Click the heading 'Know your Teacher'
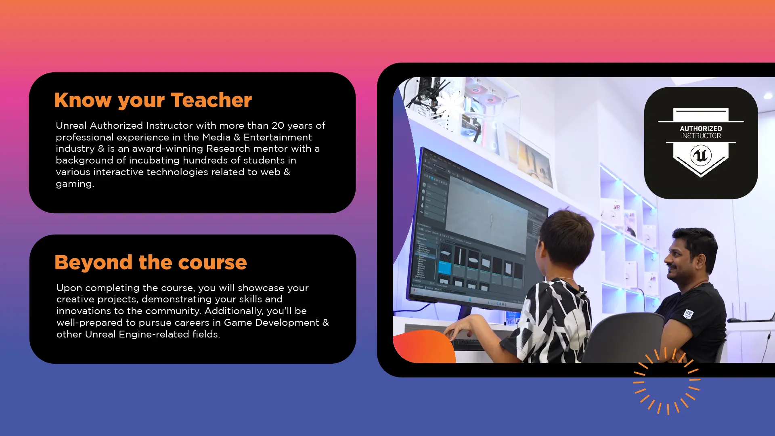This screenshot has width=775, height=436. [x=153, y=101]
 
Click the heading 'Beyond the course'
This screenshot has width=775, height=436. [x=151, y=262]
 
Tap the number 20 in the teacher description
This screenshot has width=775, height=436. [x=278, y=126]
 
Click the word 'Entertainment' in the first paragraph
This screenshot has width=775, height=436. [x=278, y=137]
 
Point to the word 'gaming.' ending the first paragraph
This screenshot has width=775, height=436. [x=75, y=184]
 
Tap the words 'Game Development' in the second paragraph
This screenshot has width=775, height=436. [x=272, y=323]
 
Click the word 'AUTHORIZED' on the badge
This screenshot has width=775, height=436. [x=701, y=128]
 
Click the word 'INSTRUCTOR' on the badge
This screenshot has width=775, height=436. [x=701, y=136]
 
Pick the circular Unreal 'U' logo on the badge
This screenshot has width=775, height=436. [x=701, y=155]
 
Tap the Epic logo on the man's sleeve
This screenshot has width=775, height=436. [x=689, y=314]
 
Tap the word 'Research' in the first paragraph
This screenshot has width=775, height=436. [x=228, y=149]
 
